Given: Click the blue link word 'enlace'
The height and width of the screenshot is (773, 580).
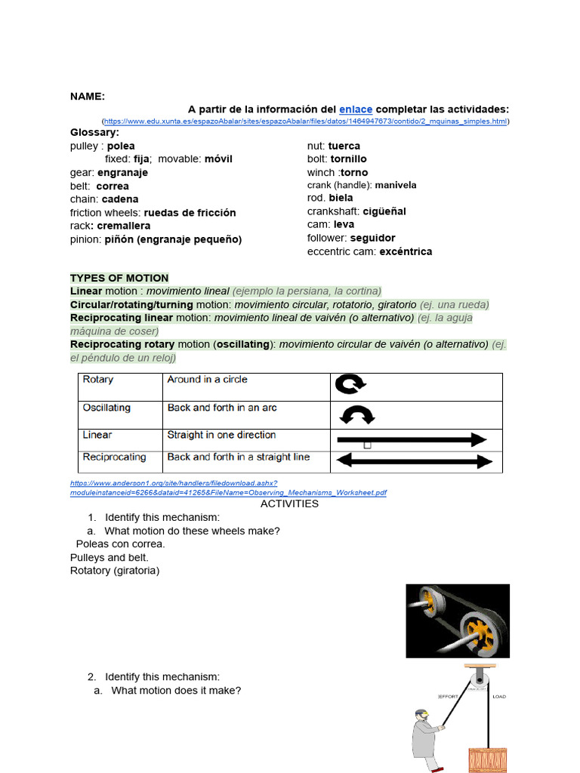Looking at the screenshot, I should [356, 109].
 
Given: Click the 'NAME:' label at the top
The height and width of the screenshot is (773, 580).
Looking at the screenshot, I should [88, 96].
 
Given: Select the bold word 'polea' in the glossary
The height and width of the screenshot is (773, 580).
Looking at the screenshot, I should [121, 146].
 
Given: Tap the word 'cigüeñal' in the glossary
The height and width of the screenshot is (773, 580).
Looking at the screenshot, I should [384, 211].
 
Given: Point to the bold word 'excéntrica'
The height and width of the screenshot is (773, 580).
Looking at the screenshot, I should [406, 251].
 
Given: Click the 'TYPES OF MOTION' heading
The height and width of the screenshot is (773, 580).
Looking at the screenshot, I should [119, 278].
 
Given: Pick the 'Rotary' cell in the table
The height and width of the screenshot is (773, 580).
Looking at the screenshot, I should [98, 380].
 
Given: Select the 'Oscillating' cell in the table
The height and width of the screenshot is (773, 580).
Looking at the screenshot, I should [106, 408].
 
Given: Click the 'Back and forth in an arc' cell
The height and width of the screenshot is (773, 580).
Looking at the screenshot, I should [222, 408].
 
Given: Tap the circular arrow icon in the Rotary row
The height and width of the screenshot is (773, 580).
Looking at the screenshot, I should [350, 385].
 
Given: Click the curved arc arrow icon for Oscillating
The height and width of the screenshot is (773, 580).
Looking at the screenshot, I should [357, 415].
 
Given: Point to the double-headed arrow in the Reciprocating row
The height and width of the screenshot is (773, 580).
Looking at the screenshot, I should [414, 460].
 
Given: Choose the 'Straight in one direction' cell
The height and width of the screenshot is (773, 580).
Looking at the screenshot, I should [221, 435].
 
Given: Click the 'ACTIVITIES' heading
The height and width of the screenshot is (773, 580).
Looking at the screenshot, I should [289, 504].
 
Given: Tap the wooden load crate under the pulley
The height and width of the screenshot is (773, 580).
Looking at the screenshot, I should [489, 759].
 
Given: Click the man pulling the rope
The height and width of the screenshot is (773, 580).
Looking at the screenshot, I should [425, 741].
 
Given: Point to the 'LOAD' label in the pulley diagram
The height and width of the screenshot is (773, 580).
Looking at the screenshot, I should [499, 696].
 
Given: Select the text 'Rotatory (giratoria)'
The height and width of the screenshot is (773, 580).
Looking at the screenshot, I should [115, 571].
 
